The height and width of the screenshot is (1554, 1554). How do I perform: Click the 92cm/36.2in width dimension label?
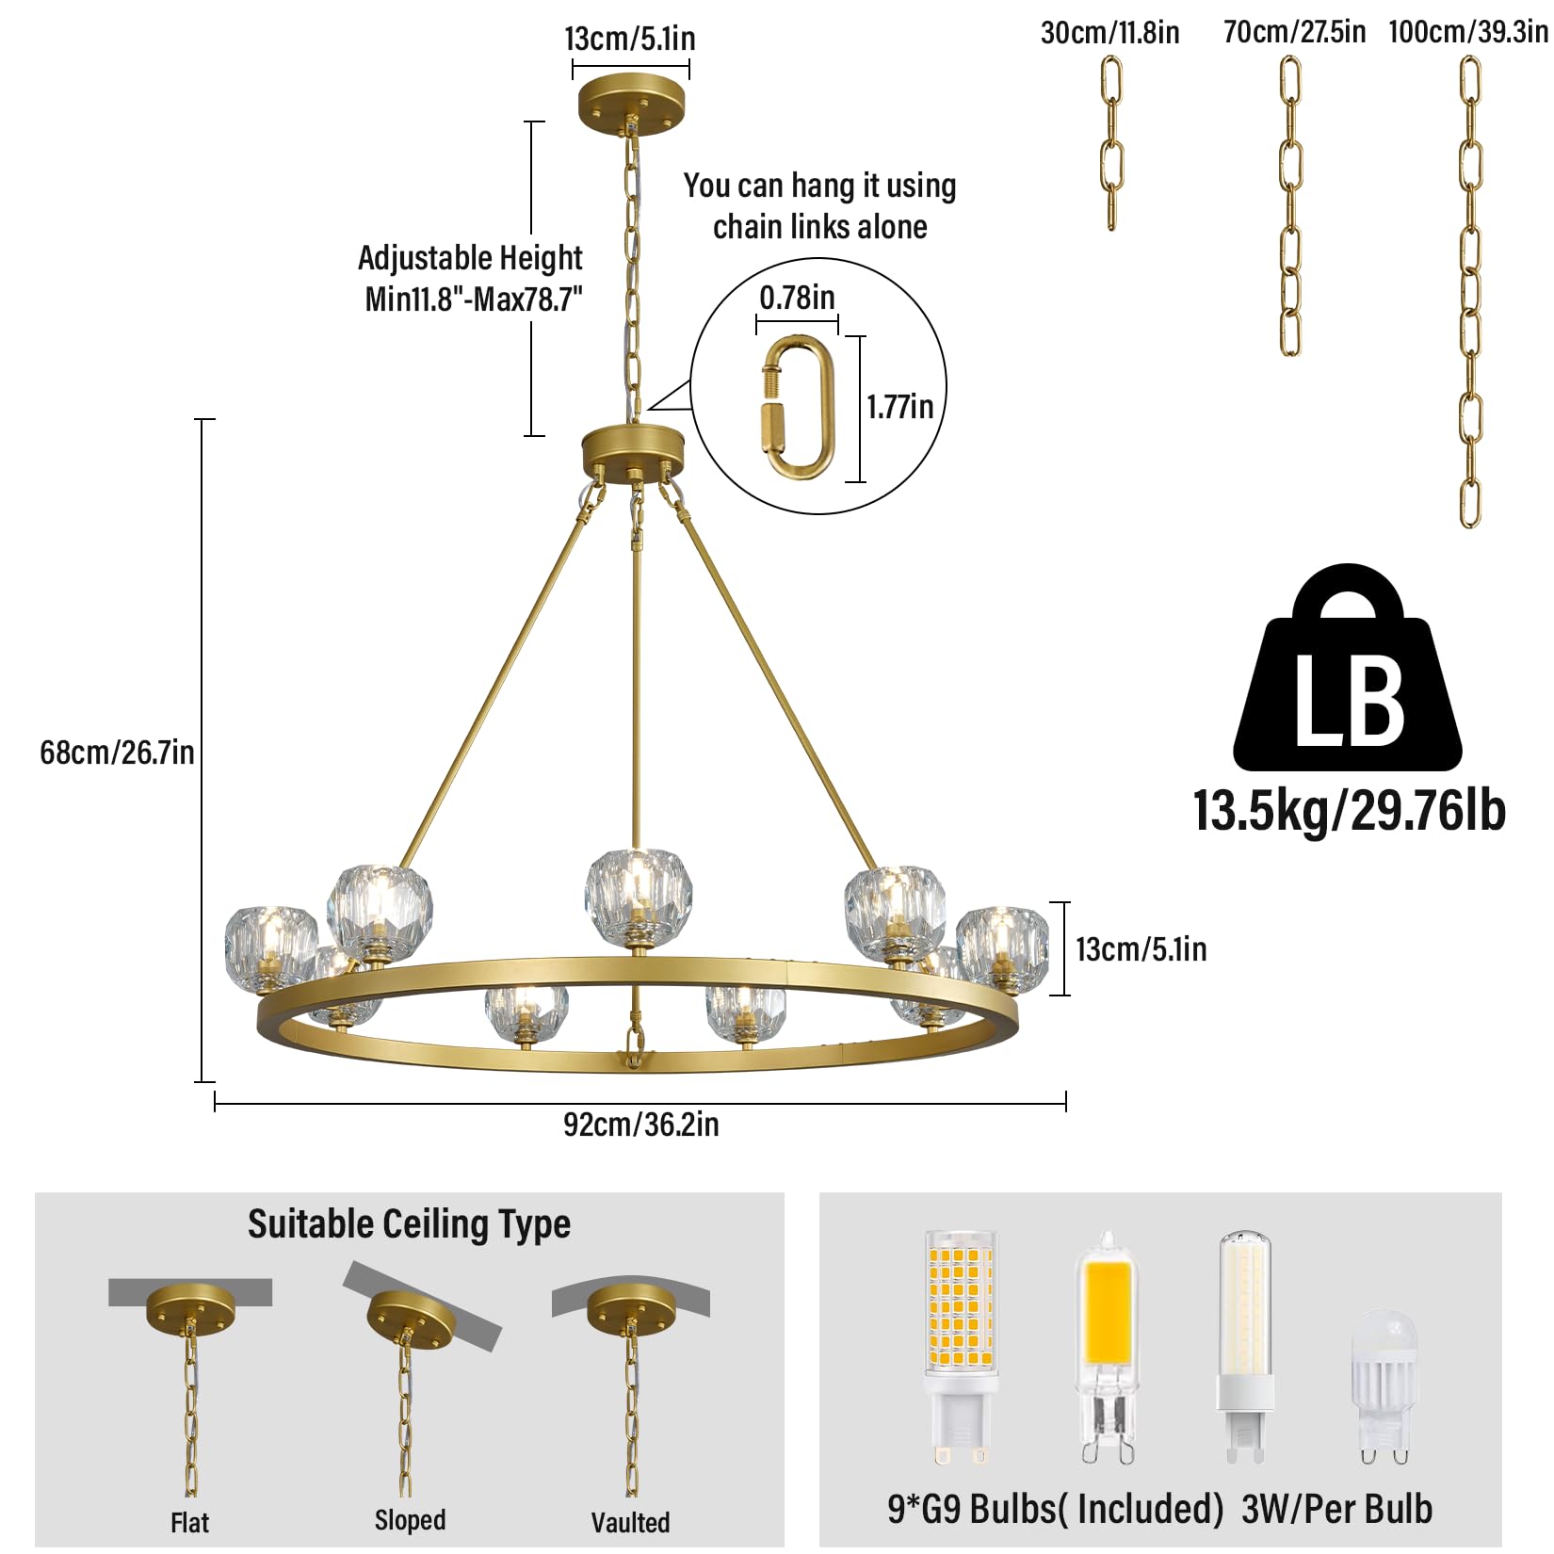(640, 1125)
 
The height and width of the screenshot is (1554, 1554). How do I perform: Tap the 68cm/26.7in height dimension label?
(117, 753)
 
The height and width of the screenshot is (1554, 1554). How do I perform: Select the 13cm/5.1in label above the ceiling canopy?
(630, 39)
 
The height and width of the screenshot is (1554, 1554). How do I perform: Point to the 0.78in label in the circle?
(797, 298)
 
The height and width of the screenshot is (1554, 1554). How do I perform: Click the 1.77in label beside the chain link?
(900, 407)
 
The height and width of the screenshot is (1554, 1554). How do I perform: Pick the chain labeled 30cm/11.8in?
(1111, 143)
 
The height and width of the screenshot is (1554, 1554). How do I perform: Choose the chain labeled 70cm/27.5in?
(1290, 206)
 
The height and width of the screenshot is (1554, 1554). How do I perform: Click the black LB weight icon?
(1348, 668)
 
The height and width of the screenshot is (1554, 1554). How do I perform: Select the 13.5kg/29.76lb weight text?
(1350, 811)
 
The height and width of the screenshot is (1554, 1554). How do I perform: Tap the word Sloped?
(410, 1520)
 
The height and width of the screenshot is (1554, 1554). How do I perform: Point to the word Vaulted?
(630, 1523)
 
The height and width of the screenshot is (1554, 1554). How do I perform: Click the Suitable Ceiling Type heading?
(409, 1224)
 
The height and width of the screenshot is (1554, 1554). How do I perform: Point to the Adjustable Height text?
(470, 258)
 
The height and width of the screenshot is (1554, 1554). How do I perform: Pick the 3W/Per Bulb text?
(1337, 1509)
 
